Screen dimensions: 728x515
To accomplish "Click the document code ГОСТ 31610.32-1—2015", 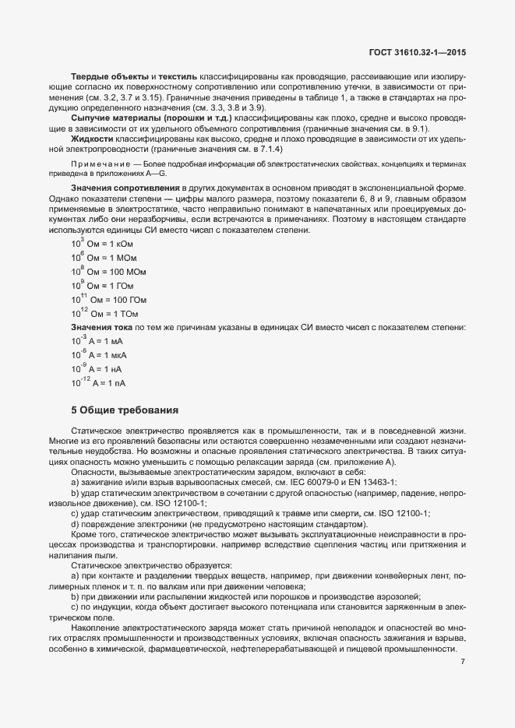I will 421,53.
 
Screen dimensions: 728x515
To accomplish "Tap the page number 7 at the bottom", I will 463,662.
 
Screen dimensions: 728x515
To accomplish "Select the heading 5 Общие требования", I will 125,409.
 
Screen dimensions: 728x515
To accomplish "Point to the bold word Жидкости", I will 93,139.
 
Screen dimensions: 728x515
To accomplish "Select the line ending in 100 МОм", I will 108,272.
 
